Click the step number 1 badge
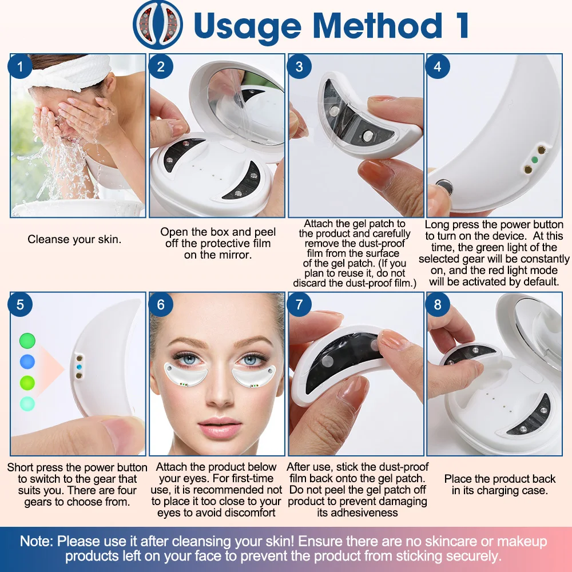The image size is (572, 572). (x=21, y=67)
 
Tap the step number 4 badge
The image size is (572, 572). (x=438, y=67)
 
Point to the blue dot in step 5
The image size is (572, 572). (x=27, y=362)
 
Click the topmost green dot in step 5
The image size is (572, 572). (x=27, y=341)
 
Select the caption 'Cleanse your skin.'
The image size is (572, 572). (x=74, y=240)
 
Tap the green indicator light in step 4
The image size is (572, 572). (x=534, y=161)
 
